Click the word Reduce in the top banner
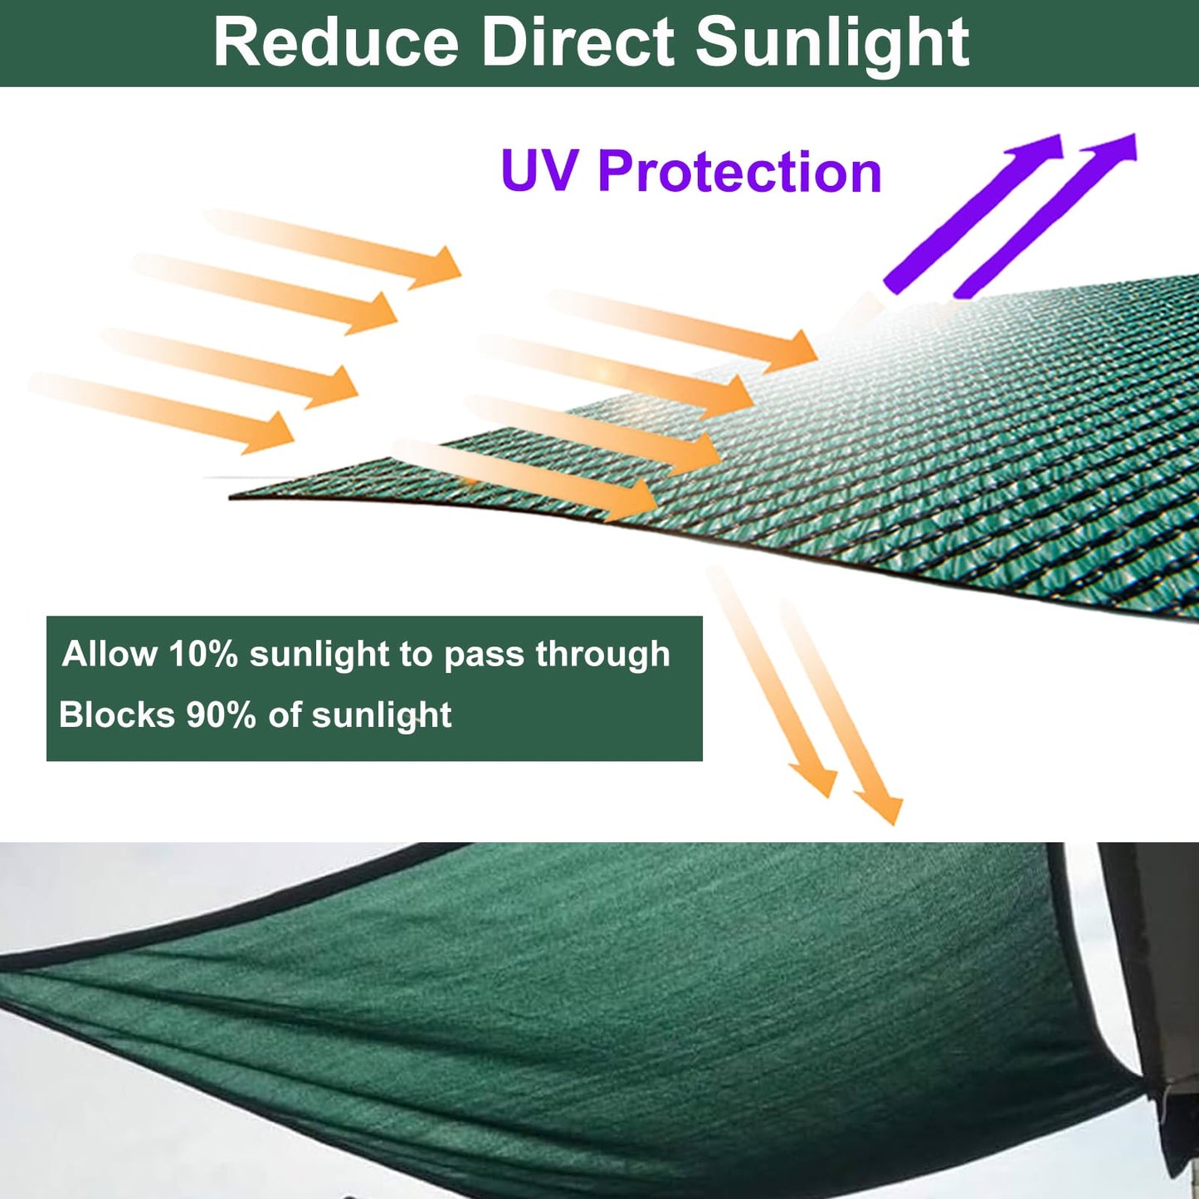(335, 43)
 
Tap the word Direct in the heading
(578, 43)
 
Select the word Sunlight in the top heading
(832, 43)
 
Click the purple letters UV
(539, 172)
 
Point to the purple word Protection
(739, 173)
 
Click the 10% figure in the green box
(203, 654)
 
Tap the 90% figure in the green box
(221, 714)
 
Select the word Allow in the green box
(110, 654)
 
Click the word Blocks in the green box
(117, 714)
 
